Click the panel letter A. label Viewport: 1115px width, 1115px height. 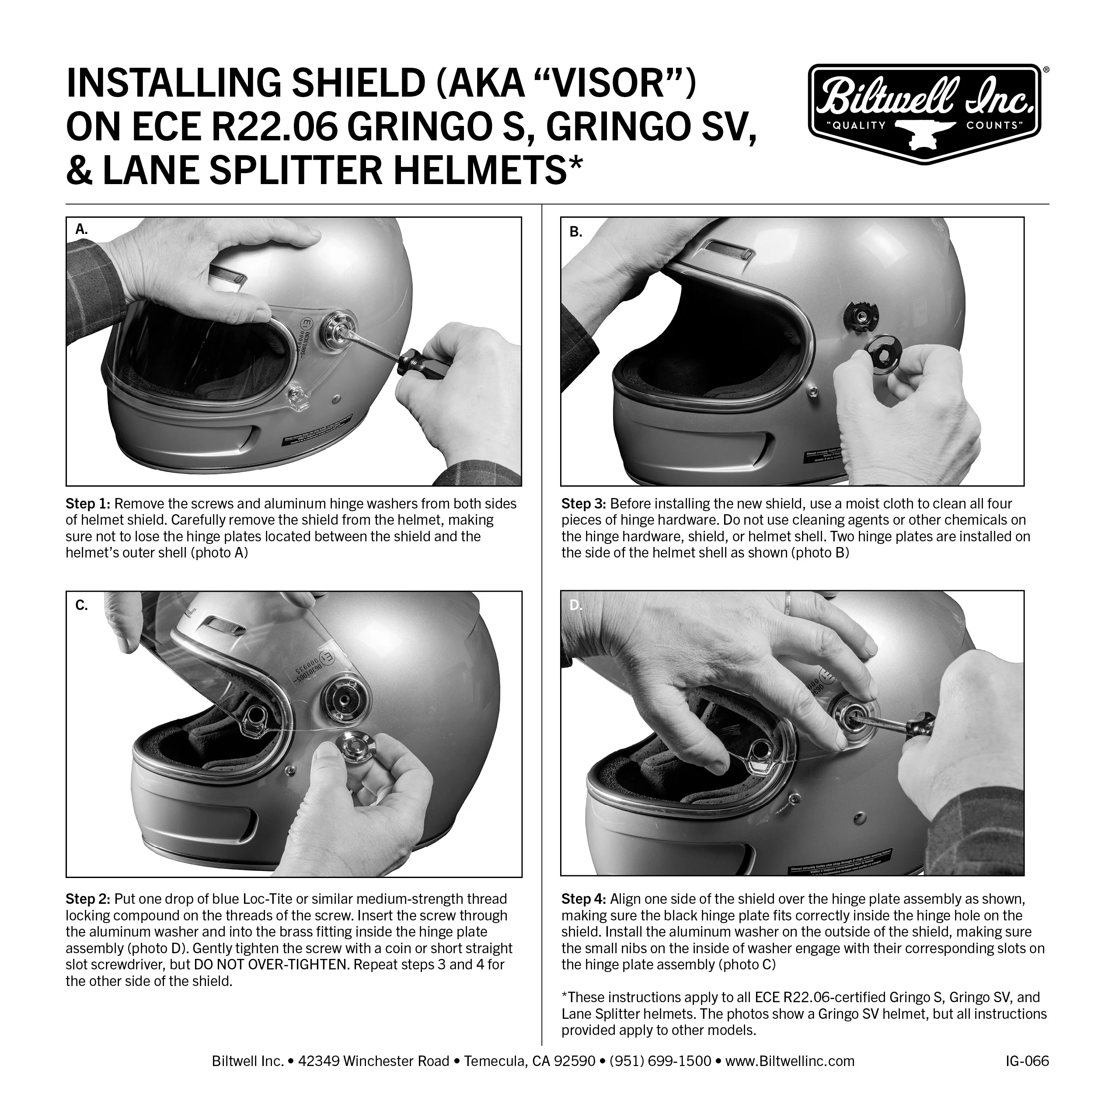click(x=82, y=229)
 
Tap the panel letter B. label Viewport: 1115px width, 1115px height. click(x=576, y=232)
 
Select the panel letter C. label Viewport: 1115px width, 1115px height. click(x=81, y=606)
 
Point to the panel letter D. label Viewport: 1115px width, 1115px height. click(x=576, y=606)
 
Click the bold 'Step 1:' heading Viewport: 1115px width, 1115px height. click(x=88, y=504)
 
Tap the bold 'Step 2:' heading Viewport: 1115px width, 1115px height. click(x=88, y=899)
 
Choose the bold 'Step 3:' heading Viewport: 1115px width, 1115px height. click(x=583, y=504)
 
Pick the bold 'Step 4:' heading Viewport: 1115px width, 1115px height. click(x=583, y=899)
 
